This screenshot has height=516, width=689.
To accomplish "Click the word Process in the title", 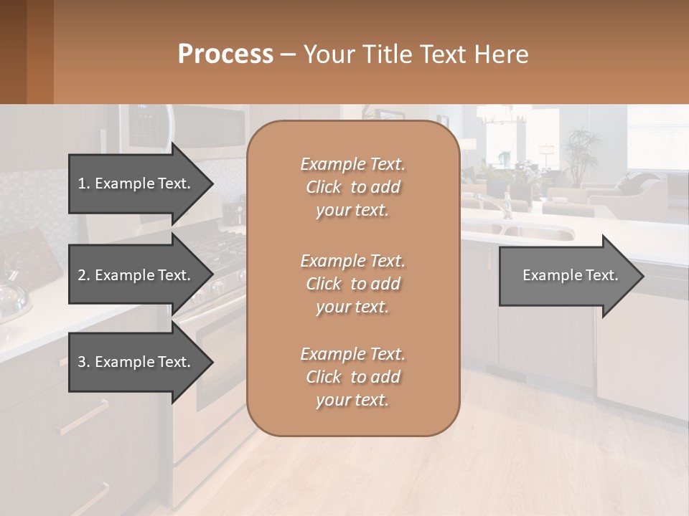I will click(x=225, y=54).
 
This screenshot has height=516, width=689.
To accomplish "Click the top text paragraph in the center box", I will click(x=352, y=187).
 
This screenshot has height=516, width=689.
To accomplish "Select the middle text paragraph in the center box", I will click(x=352, y=284).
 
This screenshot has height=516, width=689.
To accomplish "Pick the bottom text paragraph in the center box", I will click(x=352, y=377).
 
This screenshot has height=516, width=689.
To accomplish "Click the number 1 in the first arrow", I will click(x=83, y=183).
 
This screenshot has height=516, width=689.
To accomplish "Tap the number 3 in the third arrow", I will click(x=83, y=362).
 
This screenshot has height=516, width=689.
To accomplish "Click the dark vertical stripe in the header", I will click(x=39, y=52).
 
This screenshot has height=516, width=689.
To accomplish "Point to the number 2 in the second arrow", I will click(x=83, y=275).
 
